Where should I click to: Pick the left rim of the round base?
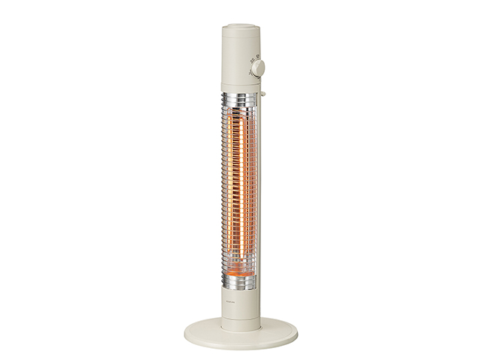[185, 330]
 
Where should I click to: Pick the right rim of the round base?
[295, 330]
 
